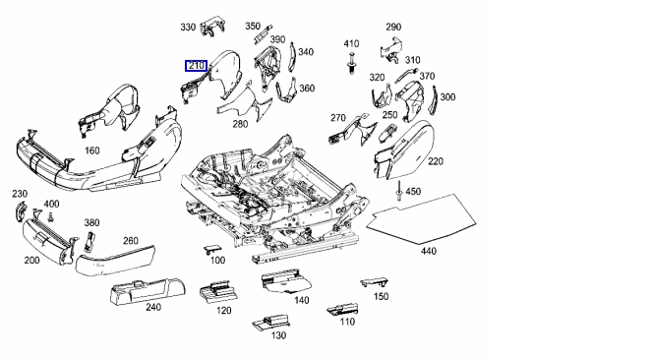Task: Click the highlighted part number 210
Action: point(196,66)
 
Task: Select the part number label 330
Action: point(188,28)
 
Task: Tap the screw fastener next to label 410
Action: point(351,64)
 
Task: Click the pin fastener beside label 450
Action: point(399,191)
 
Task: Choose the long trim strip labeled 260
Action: point(115,261)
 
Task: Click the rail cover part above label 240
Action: point(147,291)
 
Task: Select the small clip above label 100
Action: point(211,249)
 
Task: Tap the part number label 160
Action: point(92,150)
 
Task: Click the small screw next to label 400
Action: point(51,216)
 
